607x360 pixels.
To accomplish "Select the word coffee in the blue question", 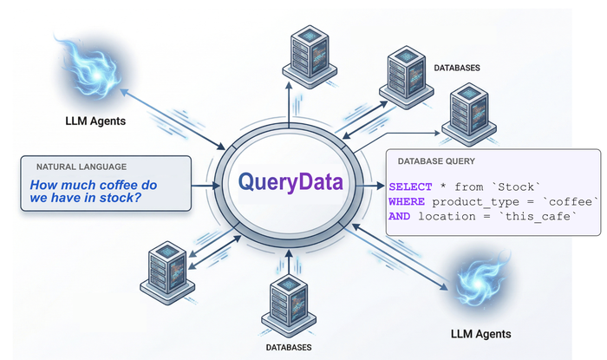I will [127, 185].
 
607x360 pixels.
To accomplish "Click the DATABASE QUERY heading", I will [436, 161].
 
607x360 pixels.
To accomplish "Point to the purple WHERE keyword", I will [406, 201].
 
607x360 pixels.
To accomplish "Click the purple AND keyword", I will [400, 216].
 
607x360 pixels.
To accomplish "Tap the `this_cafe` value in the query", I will [545, 216].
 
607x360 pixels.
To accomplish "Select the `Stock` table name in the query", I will [517, 187].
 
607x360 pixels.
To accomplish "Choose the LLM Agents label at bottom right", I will [480, 333].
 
